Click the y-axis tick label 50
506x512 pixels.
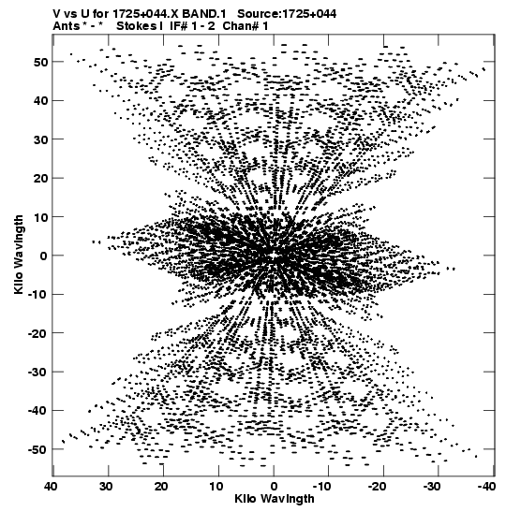pos(41,62)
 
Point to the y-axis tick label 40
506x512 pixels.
pos(41,100)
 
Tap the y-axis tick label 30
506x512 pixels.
pos(41,139)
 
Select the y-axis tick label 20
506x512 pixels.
pos(41,178)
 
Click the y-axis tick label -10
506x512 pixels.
pos(37,295)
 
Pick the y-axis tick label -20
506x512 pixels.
pos(37,333)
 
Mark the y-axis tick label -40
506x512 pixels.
pos(37,411)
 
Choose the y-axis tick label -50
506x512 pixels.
pos(37,449)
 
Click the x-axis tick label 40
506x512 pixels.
pos(52,487)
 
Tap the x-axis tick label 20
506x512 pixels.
pos(161,487)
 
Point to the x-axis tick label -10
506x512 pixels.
pos(322,487)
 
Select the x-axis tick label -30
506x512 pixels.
pos(433,487)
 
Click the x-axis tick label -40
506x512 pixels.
pos(486,487)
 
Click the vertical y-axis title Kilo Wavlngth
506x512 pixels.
pos(19,255)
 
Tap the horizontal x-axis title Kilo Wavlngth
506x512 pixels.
pos(275,499)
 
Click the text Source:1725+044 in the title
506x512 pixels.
pos(287,14)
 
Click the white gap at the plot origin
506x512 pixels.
pos(274,255)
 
